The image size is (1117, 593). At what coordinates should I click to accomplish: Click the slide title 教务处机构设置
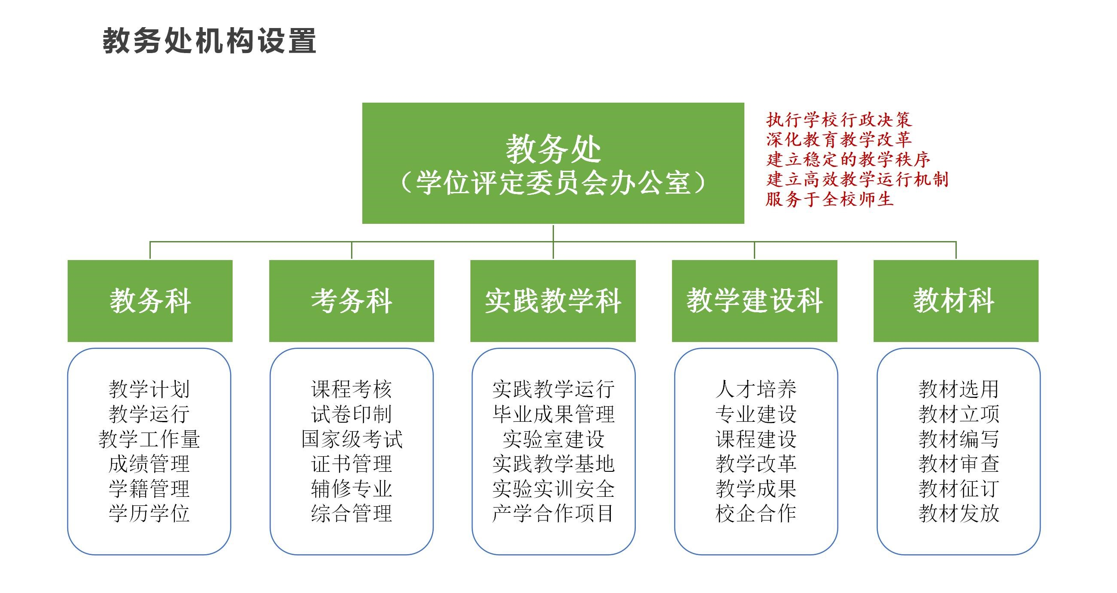point(209,41)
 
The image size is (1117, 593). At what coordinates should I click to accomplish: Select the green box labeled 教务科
point(150,301)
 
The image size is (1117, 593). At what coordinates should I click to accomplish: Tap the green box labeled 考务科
point(352,301)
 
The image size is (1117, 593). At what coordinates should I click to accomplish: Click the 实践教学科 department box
point(553,301)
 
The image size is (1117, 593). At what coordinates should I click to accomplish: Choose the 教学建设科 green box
point(754,301)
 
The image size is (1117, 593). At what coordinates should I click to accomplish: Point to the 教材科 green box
point(956,301)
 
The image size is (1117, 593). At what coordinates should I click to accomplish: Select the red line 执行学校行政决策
point(839,120)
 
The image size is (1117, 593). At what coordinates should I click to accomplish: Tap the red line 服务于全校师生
point(830,199)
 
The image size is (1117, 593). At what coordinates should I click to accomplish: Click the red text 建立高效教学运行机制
point(857,179)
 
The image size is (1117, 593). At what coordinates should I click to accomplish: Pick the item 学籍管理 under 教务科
point(149,489)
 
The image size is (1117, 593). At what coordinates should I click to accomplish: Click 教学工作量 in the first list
point(149,439)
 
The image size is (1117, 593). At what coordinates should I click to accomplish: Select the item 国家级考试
point(352,439)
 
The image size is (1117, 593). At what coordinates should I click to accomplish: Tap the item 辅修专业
point(352,489)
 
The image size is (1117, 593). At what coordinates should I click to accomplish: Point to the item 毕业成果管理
point(553,414)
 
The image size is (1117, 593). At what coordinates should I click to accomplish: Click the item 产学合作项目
point(553,514)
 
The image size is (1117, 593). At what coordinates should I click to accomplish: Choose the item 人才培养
point(756,389)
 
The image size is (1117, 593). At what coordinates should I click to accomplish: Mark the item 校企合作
point(756,514)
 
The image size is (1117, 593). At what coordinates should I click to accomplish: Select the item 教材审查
point(959,464)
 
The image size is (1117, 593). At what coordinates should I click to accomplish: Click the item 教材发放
point(959,514)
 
